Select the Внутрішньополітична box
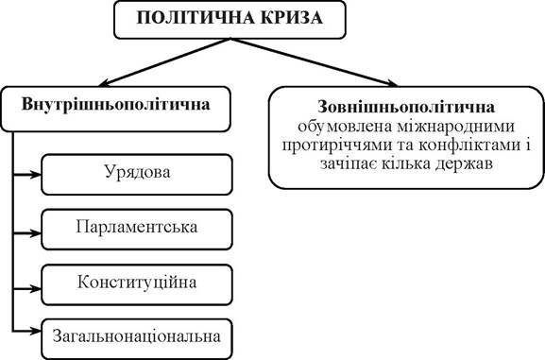pos(115,110)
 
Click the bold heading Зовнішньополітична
pos(406,107)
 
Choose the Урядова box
pos(137,175)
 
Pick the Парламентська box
pos(137,230)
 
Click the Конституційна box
pos(137,284)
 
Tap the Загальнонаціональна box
pos(137,339)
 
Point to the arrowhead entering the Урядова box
pos(36,175)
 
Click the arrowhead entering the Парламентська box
pos(36,233)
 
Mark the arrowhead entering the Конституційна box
pos(36,289)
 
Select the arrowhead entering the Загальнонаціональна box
pos(36,331)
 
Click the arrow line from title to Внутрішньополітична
pos(164,62)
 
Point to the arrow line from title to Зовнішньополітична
pos(314,62)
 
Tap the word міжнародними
pos(454,127)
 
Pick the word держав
pos(464,164)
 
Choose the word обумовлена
pos(344,127)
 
